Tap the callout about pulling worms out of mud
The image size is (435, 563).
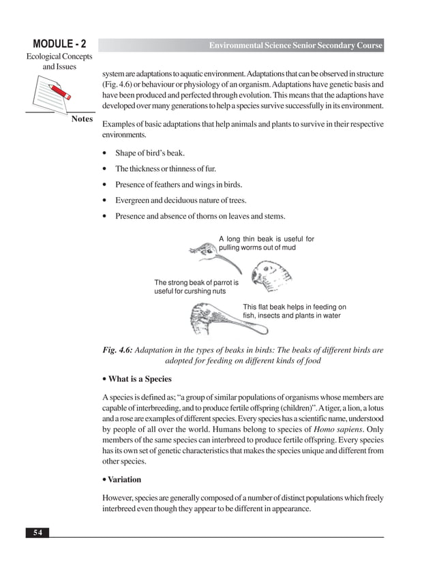[x=266, y=243]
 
